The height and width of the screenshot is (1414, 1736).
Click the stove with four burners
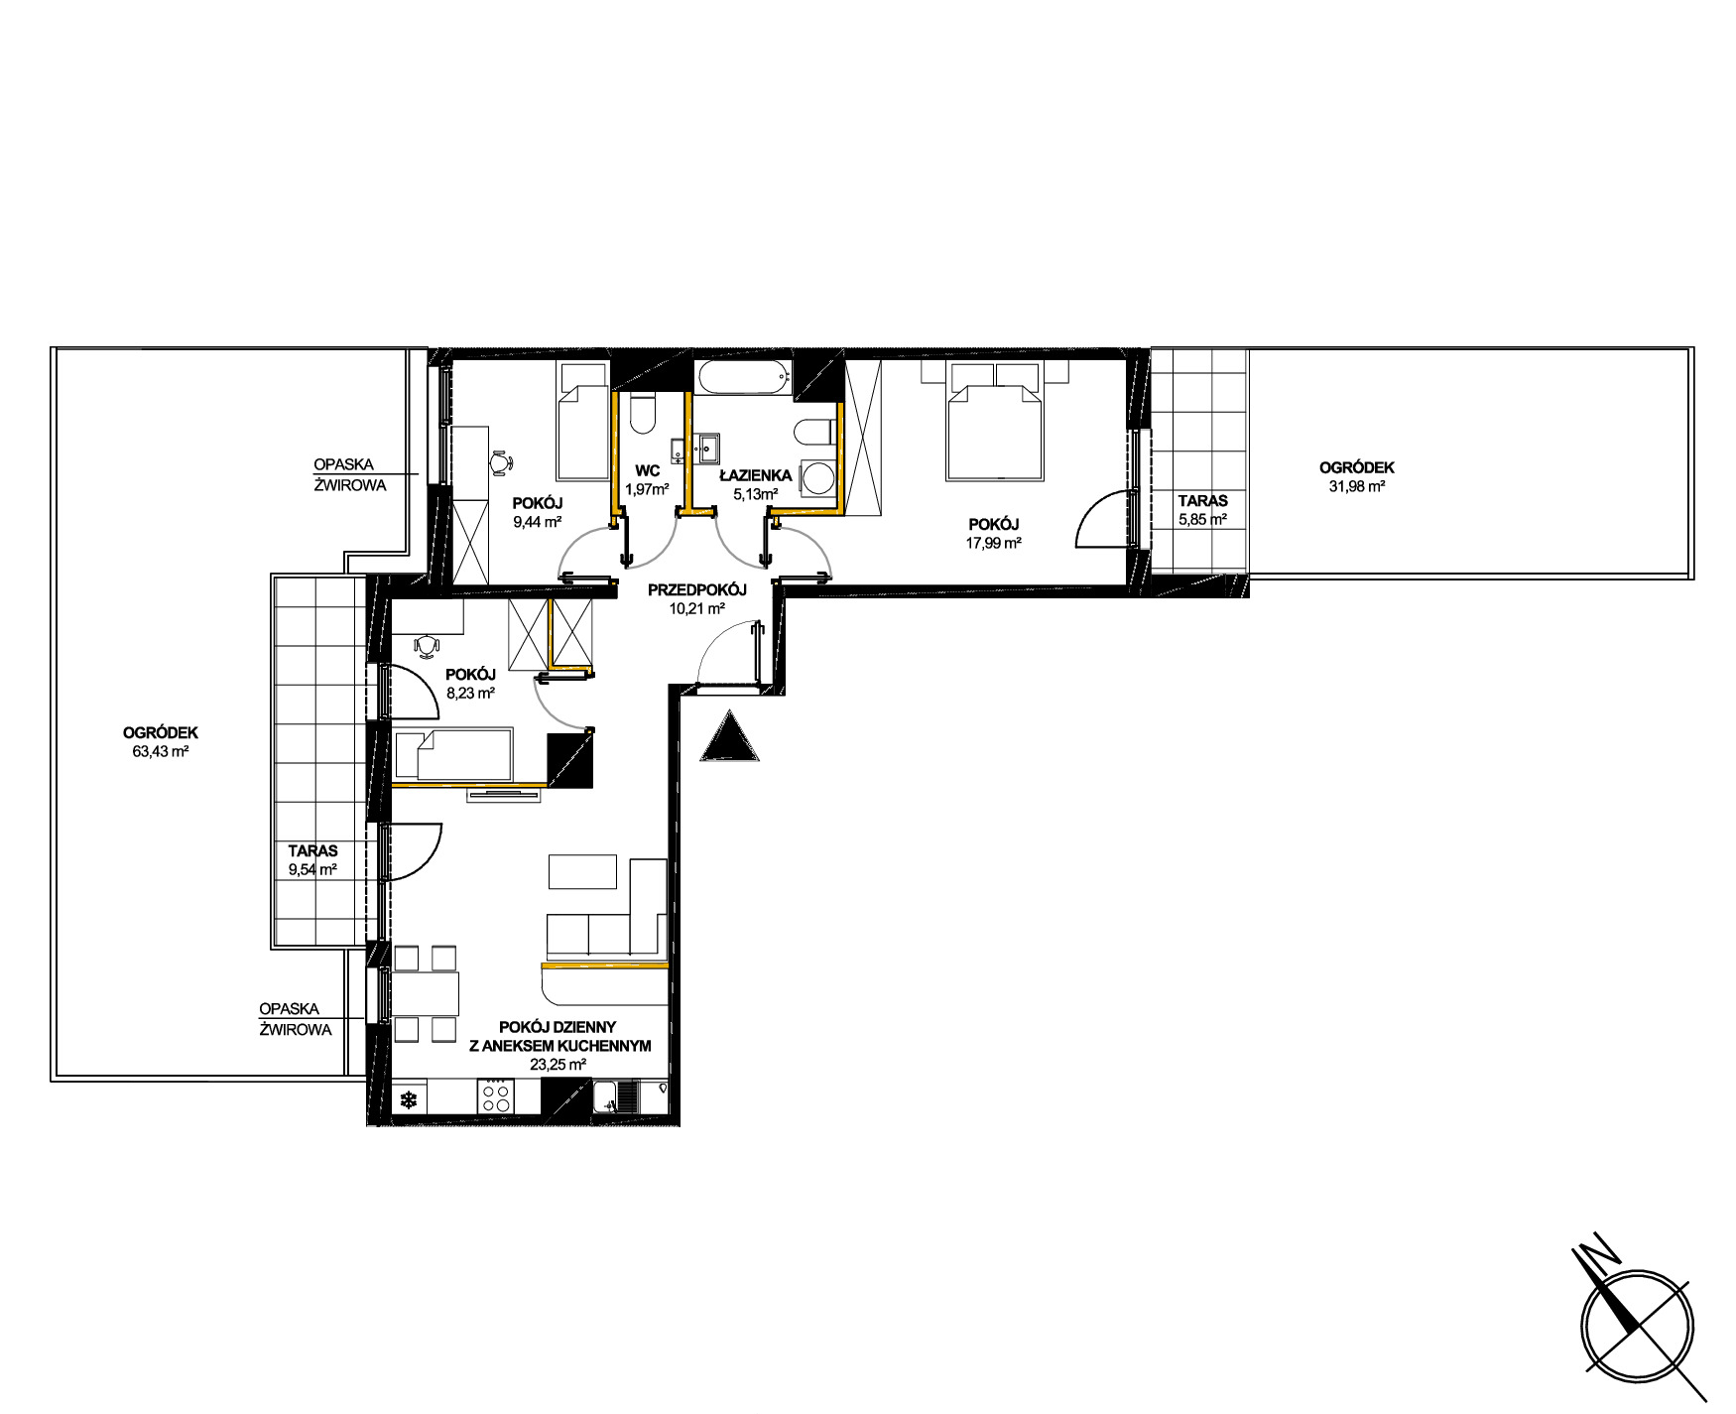496,1098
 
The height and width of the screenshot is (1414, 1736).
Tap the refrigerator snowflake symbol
408,1099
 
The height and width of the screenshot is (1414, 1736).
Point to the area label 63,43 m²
161,751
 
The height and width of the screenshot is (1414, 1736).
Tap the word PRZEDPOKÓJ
696,590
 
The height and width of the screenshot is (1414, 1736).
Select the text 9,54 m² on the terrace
312,869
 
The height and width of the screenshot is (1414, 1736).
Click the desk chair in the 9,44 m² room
501,461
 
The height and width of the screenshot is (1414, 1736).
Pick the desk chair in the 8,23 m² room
427,646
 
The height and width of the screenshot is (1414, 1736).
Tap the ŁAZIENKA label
755,474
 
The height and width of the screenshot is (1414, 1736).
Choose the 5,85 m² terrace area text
1202,519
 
